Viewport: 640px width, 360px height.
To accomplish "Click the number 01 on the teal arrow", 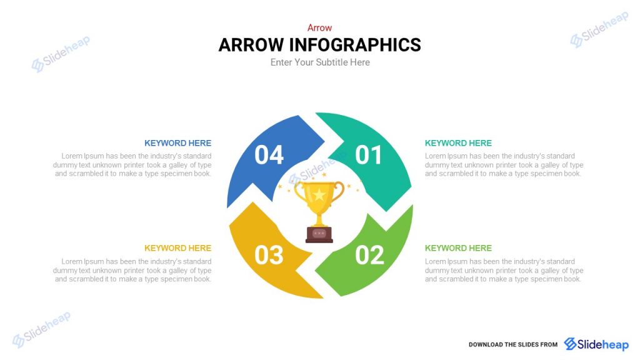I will [369, 155].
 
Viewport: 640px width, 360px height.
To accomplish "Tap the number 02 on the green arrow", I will [369, 255].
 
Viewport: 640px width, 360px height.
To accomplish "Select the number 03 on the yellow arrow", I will [269, 255].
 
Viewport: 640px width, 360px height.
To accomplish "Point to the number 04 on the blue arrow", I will [269, 155].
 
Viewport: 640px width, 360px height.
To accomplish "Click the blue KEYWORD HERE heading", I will [177, 143].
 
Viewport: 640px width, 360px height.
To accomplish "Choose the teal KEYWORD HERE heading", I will [458, 143].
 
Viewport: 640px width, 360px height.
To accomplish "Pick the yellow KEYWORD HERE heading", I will [177, 248].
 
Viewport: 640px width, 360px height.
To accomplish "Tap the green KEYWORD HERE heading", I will [458, 248].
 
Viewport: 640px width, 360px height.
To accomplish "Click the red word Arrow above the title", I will [319, 27].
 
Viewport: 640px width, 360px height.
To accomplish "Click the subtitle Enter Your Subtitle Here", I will [320, 62].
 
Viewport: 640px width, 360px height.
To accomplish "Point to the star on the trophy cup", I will [319, 194].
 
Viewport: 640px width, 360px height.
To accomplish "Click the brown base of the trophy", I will [319, 234].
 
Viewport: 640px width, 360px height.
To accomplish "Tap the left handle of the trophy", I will [299, 193].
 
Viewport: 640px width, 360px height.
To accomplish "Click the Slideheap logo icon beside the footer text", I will [571, 344].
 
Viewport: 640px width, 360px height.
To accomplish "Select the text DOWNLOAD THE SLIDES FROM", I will [513, 344].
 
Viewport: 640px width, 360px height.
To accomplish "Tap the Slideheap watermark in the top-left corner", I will [61, 53].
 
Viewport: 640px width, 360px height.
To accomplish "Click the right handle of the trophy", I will [339, 193].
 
